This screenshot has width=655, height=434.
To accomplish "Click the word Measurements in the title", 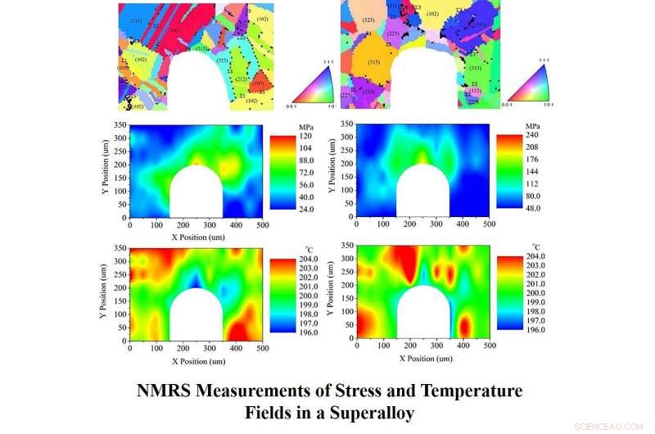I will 250,391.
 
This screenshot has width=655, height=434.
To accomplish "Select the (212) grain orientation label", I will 241,79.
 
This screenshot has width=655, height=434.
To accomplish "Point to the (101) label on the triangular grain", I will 257,83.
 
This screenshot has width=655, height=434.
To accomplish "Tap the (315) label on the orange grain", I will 373,62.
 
